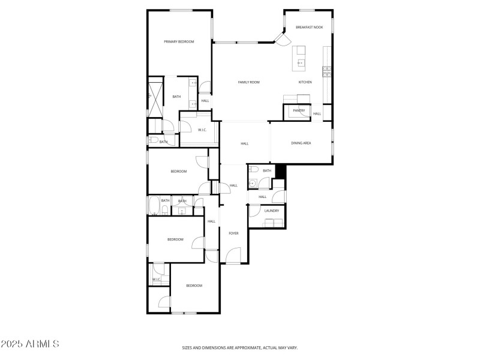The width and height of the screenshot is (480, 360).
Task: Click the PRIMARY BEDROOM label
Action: [x=179, y=41]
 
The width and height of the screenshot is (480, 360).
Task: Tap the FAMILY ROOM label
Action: [x=248, y=82]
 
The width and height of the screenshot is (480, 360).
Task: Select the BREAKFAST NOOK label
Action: [x=309, y=28]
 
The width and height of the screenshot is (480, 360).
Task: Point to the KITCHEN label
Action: [x=305, y=82]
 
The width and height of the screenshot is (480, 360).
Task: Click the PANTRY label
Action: [x=299, y=110]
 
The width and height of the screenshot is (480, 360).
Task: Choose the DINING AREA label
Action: [x=301, y=143]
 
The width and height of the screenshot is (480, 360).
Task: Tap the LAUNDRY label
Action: [x=272, y=211]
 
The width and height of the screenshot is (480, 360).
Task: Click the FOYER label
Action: [x=233, y=233]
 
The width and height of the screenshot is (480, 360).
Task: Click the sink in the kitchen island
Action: [x=300, y=62]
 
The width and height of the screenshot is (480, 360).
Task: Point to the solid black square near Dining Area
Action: [x=281, y=171]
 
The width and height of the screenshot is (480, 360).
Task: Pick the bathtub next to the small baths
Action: [x=153, y=206]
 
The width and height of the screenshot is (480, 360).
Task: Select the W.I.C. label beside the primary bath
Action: [x=202, y=130]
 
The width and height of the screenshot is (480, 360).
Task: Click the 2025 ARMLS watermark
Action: [x=30, y=344]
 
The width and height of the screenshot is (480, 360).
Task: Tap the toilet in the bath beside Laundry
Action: [x=254, y=184]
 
